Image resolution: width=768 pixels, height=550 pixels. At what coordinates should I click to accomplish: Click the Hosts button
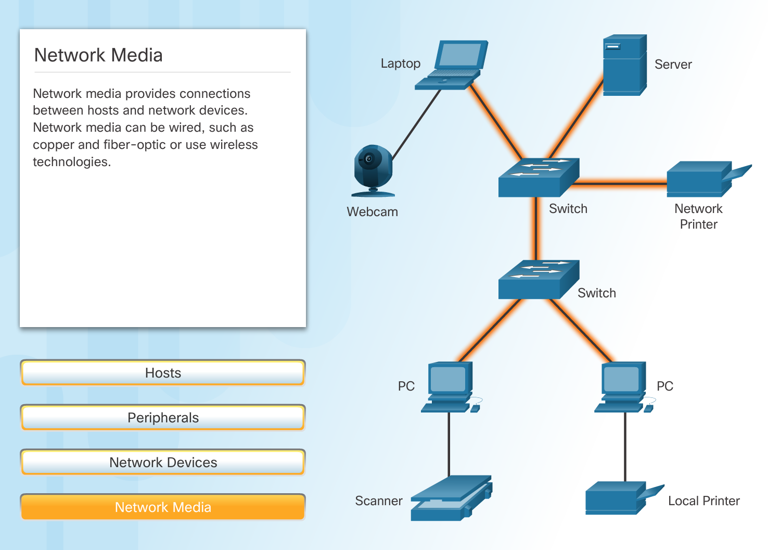(x=163, y=373)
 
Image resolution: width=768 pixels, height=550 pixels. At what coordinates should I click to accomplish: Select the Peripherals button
(x=163, y=418)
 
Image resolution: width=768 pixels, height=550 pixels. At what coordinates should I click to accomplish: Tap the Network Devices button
(x=163, y=463)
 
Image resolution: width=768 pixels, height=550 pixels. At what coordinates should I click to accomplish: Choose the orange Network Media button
(x=163, y=507)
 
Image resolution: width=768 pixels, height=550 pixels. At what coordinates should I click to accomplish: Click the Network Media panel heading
(x=98, y=55)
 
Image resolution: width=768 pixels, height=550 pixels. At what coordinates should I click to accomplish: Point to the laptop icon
(x=453, y=65)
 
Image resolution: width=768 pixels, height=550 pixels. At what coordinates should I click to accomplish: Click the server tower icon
(x=624, y=66)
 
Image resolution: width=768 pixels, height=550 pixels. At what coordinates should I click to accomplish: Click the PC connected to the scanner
(x=449, y=387)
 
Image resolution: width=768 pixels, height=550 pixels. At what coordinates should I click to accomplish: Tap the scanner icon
(x=450, y=498)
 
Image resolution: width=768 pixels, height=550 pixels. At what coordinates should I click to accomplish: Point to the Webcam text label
(x=372, y=212)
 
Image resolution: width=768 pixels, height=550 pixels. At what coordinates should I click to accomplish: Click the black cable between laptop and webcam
(x=416, y=124)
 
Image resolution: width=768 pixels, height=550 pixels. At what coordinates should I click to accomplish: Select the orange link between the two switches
(x=536, y=229)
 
